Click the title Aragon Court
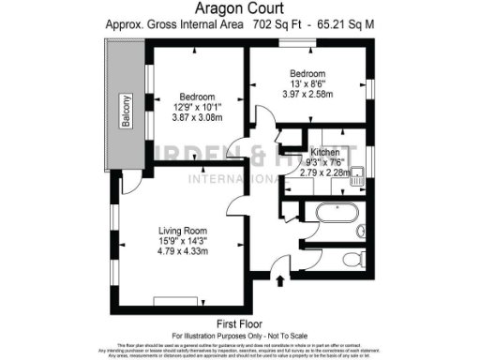240,9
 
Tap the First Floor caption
239,322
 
